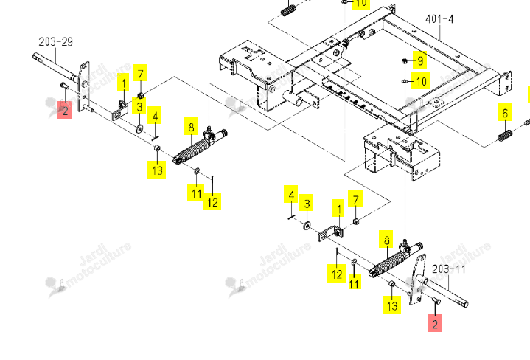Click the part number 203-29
[56, 42]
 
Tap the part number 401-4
[439, 19]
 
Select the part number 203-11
[449, 269]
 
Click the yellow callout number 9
[420, 60]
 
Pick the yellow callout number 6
[505, 113]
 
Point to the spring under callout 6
[505, 136]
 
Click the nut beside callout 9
[405, 61]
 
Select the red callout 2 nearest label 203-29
[65, 110]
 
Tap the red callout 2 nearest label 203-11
[434, 323]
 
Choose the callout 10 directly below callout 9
[420, 80]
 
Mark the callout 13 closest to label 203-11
[391, 305]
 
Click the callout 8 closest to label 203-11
[386, 240]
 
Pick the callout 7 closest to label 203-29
[140, 73]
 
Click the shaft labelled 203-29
[55, 66]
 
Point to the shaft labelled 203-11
[442, 291]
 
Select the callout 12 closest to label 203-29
[212, 201]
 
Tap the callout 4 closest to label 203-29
[155, 115]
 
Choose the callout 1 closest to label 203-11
[338, 208]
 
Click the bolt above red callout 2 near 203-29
[64, 86]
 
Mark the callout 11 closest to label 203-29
[195, 193]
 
